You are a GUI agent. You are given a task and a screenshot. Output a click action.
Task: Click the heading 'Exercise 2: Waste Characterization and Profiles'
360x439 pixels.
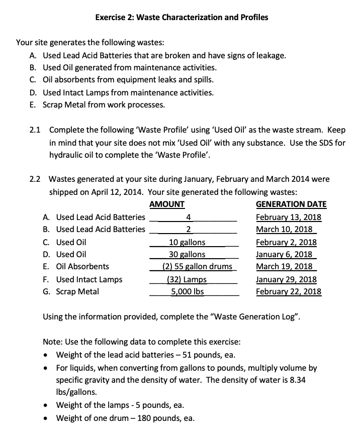tap(182, 17)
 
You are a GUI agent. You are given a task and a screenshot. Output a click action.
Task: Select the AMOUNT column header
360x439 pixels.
tap(167, 204)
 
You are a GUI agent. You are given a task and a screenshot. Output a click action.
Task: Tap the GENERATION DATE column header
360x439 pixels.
tap(291, 204)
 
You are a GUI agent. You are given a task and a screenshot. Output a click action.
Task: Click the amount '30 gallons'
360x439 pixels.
tap(187, 254)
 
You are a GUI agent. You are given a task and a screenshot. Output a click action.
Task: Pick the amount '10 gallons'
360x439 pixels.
tap(187, 242)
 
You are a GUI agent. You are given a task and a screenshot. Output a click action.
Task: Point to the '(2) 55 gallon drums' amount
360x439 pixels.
tap(197, 266)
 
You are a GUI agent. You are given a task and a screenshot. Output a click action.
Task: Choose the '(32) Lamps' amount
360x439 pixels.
tap(187, 279)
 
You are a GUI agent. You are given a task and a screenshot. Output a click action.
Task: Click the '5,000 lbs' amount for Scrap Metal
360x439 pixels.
tap(188, 291)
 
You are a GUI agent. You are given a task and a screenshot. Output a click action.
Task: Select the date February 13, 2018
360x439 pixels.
tap(289, 217)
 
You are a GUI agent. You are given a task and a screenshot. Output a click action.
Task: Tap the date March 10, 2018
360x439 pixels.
tap(285, 230)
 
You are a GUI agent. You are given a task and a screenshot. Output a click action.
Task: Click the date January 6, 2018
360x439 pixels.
tap(284, 254)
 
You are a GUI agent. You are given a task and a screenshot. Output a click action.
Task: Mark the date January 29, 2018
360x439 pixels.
tap(286, 279)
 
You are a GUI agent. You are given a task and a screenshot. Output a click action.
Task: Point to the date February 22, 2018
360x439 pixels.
tap(289, 291)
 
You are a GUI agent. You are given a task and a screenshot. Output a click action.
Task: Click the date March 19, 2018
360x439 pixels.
tap(285, 266)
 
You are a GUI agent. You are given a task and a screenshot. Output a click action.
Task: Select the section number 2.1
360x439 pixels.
tap(35, 130)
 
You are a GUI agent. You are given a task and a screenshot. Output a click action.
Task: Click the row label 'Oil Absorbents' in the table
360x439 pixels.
tap(82, 266)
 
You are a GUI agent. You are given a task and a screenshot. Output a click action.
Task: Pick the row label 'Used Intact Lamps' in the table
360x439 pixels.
tap(89, 279)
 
